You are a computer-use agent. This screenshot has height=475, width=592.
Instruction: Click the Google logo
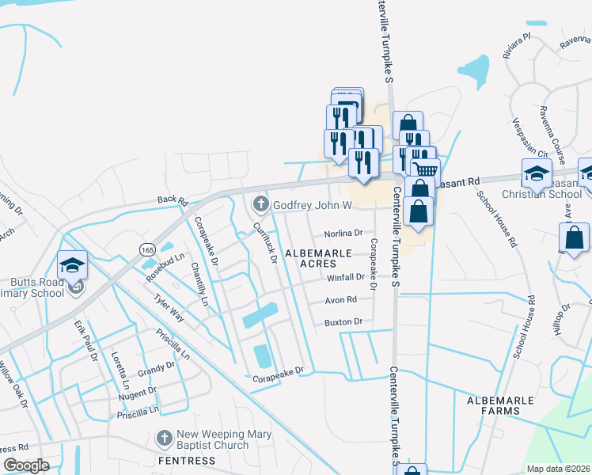click(x=27, y=465)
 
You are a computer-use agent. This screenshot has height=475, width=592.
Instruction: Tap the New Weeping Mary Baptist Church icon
click(x=164, y=438)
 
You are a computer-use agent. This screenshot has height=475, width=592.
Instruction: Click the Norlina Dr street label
click(x=343, y=234)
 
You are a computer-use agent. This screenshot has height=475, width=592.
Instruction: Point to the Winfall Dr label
click(x=345, y=278)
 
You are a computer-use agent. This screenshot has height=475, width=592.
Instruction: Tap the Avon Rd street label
click(x=341, y=300)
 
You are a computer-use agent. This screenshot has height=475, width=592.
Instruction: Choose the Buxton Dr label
click(x=343, y=322)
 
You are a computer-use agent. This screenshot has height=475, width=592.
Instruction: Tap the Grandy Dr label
click(x=156, y=369)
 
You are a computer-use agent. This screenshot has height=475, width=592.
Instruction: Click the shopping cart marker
click(x=426, y=169)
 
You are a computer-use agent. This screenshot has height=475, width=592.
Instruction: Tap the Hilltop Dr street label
click(x=560, y=319)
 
